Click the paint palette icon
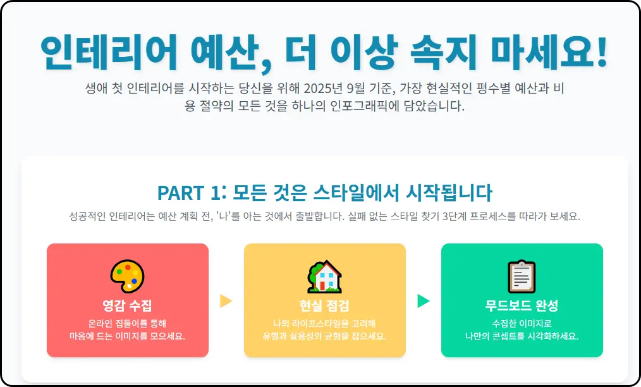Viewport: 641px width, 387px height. point(127,276)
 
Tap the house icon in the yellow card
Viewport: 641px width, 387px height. point(325,276)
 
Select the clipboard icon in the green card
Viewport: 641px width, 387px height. point(522,276)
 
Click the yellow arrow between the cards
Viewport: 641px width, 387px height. point(226,301)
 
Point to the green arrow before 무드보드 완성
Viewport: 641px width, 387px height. point(424,301)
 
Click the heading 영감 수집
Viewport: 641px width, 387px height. point(127,306)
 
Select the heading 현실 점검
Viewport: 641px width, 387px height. point(325,306)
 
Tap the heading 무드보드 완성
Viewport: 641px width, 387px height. point(522,306)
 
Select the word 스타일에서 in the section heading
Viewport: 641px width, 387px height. point(357,192)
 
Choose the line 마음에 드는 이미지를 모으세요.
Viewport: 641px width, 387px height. point(127,336)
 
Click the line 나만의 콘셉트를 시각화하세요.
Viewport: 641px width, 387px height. point(522,336)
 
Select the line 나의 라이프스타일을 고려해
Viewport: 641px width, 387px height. point(325,322)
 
